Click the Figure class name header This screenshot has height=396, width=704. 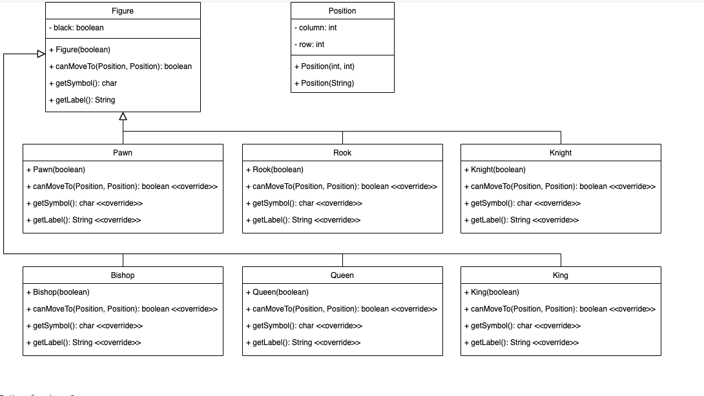[x=123, y=11]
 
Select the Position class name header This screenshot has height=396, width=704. [x=342, y=11]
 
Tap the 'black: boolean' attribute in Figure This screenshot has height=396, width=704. [x=76, y=28]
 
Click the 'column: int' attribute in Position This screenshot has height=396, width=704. [x=317, y=28]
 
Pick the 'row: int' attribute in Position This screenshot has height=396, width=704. [x=311, y=45]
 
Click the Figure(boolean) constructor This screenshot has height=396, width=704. [x=79, y=50]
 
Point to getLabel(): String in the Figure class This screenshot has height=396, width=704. [x=82, y=100]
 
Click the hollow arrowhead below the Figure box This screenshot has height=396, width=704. [x=123, y=117]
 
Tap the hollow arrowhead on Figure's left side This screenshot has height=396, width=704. [x=40, y=54]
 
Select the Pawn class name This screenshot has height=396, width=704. [x=123, y=153]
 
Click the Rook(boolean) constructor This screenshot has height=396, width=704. [x=274, y=170]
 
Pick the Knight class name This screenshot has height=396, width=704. [x=561, y=153]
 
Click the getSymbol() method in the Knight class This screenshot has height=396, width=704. [x=522, y=203]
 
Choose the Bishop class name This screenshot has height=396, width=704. [x=123, y=275]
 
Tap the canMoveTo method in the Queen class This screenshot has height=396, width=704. [x=342, y=309]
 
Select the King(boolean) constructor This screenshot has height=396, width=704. [x=492, y=292]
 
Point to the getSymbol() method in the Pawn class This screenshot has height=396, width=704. [x=85, y=203]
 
